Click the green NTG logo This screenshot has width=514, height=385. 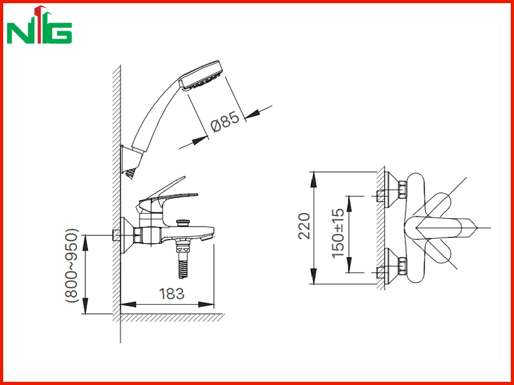coord(39,25)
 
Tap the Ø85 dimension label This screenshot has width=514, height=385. coord(225,122)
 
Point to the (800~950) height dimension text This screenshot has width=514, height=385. coord(72,266)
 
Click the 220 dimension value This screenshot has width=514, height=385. coord(304,226)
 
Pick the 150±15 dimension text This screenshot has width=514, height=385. coord(338,233)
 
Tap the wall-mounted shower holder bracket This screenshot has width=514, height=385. coord(130,162)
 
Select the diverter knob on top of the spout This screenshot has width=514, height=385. coord(183,223)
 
